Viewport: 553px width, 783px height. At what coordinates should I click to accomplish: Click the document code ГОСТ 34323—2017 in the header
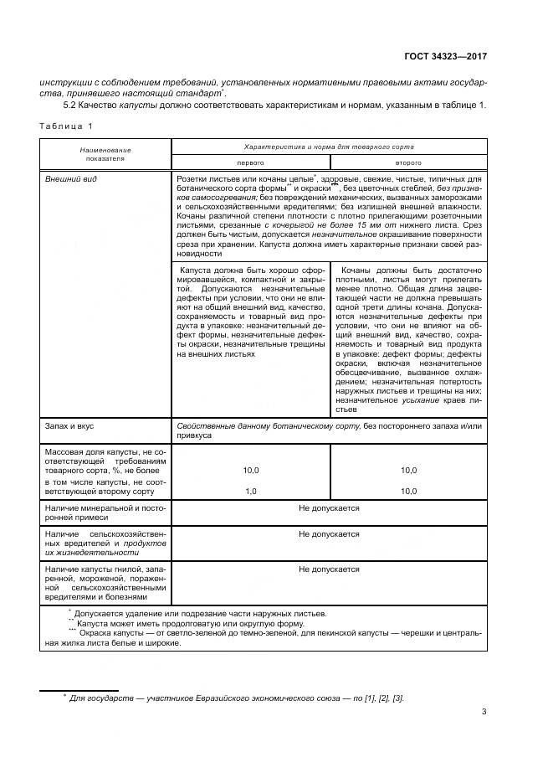coord(442,56)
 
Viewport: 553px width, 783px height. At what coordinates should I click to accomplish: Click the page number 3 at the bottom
coord(484,713)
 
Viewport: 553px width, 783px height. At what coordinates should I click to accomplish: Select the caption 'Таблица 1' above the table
coord(67,126)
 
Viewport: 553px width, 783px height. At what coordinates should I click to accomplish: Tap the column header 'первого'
coord(250,162)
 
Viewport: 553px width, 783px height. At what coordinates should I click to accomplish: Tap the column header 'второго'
coord(407,162)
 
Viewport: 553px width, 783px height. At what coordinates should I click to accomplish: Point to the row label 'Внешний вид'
coord(69,179)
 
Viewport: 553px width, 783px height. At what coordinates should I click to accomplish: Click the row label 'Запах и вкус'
coord(70,426)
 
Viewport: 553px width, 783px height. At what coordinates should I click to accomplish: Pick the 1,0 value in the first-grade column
coord(250,491)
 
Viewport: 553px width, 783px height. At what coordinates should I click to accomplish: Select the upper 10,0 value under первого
coord(250,471)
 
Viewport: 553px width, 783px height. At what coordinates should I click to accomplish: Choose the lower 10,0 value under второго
coord(408,491)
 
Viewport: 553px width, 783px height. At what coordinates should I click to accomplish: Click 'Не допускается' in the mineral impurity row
coord(329,508)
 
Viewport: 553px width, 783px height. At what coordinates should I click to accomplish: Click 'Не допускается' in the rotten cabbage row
coord(329,569)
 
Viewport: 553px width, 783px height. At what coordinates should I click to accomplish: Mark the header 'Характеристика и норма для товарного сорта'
coord(328,146)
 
